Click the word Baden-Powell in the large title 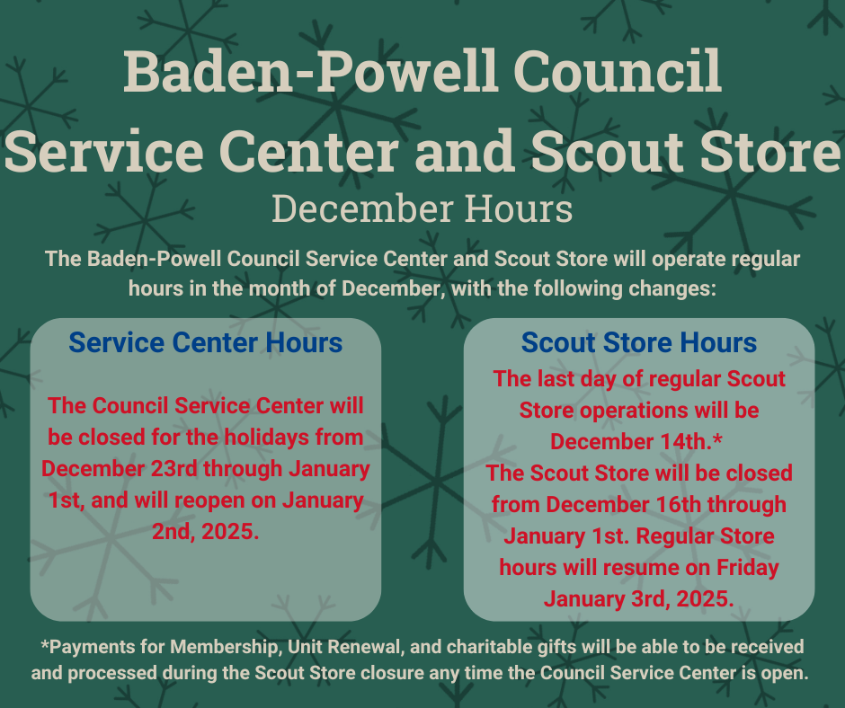point(310,71)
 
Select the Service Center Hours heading point(205,342)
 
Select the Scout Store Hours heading point(639,342)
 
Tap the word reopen point(210,500)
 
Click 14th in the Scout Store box point(683,442)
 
